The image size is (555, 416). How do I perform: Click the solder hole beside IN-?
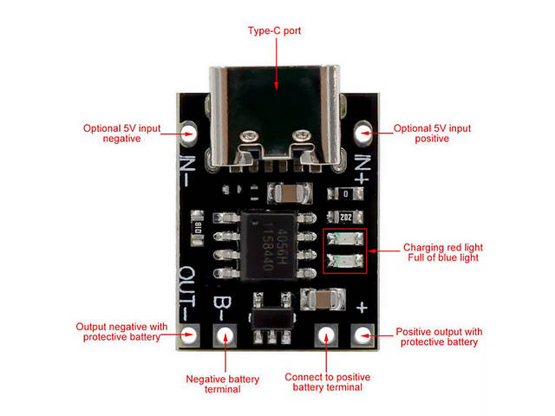point(190,133)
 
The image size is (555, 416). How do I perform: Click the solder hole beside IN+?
point(363,133)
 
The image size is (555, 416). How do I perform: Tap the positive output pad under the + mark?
point(361,335)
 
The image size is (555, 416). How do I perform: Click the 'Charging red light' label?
point(442,246)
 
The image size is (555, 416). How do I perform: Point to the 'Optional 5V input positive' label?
point(432,133)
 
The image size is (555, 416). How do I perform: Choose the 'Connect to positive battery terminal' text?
point(328,382)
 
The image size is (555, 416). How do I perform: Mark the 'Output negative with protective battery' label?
point(122,331)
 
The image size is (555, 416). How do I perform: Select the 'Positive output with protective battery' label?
point(439,336)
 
